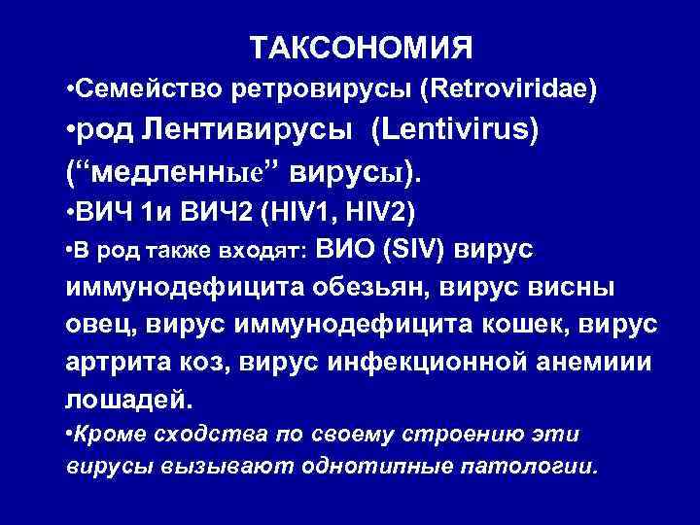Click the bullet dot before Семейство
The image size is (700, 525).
pos(69,90)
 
